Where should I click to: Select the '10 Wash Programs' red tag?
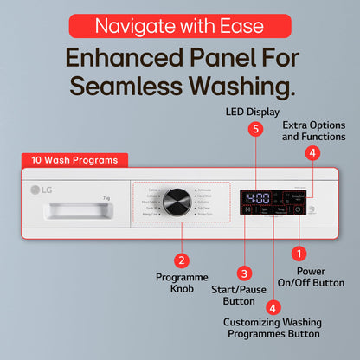click(x=75, y=159)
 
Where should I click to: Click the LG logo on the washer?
click(x=42, y=190)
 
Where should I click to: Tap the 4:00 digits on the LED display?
click(x=257, y=196)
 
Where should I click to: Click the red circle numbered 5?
click(x=254, y=129)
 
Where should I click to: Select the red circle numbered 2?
click(x=181, y=260)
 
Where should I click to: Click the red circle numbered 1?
click(x=299, y=254)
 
